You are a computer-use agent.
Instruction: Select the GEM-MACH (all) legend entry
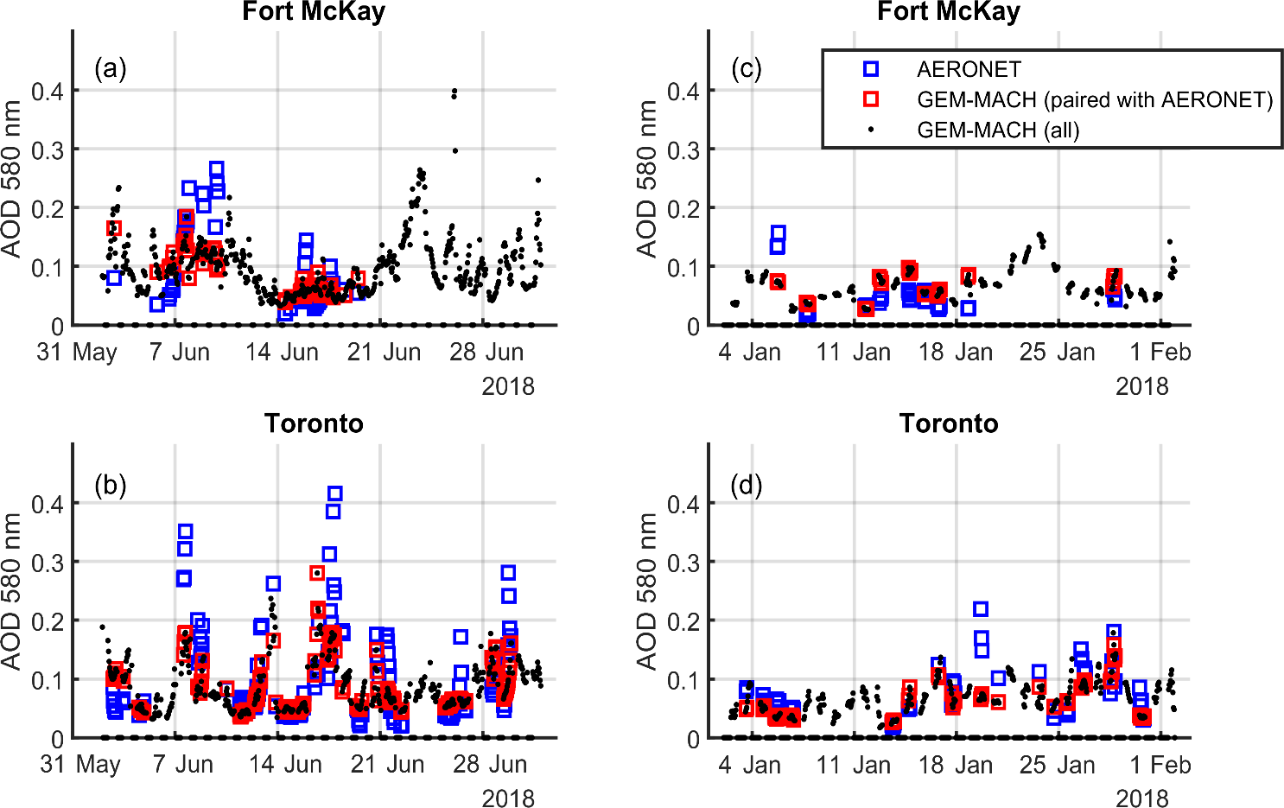[998, 130]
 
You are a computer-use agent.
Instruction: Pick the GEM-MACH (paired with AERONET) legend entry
[1094, 99]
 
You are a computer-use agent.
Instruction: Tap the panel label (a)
[111, 68]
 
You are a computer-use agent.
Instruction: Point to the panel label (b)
[111, 485]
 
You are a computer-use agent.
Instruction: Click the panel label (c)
[746, 68]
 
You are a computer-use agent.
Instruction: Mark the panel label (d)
[746, 485]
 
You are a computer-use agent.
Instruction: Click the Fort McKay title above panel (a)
[314, 12]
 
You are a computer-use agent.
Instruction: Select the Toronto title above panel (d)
[949, 423]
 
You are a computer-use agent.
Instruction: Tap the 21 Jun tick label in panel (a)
[384, 353]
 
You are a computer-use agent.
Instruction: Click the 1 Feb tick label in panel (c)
[1160, 353]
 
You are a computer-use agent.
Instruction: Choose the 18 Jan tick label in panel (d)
[956, 765]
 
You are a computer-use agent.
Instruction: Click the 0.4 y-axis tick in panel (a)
[48, 91]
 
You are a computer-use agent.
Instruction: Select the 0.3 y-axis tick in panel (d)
[683, 563]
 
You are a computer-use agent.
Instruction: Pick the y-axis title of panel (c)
[646, 179]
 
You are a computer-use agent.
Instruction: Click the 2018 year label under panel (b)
[508, 798]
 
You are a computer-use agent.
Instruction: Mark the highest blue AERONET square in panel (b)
[335, 493]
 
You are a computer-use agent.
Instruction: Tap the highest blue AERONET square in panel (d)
[981, 609]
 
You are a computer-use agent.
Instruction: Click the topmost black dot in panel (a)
[454, 90]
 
